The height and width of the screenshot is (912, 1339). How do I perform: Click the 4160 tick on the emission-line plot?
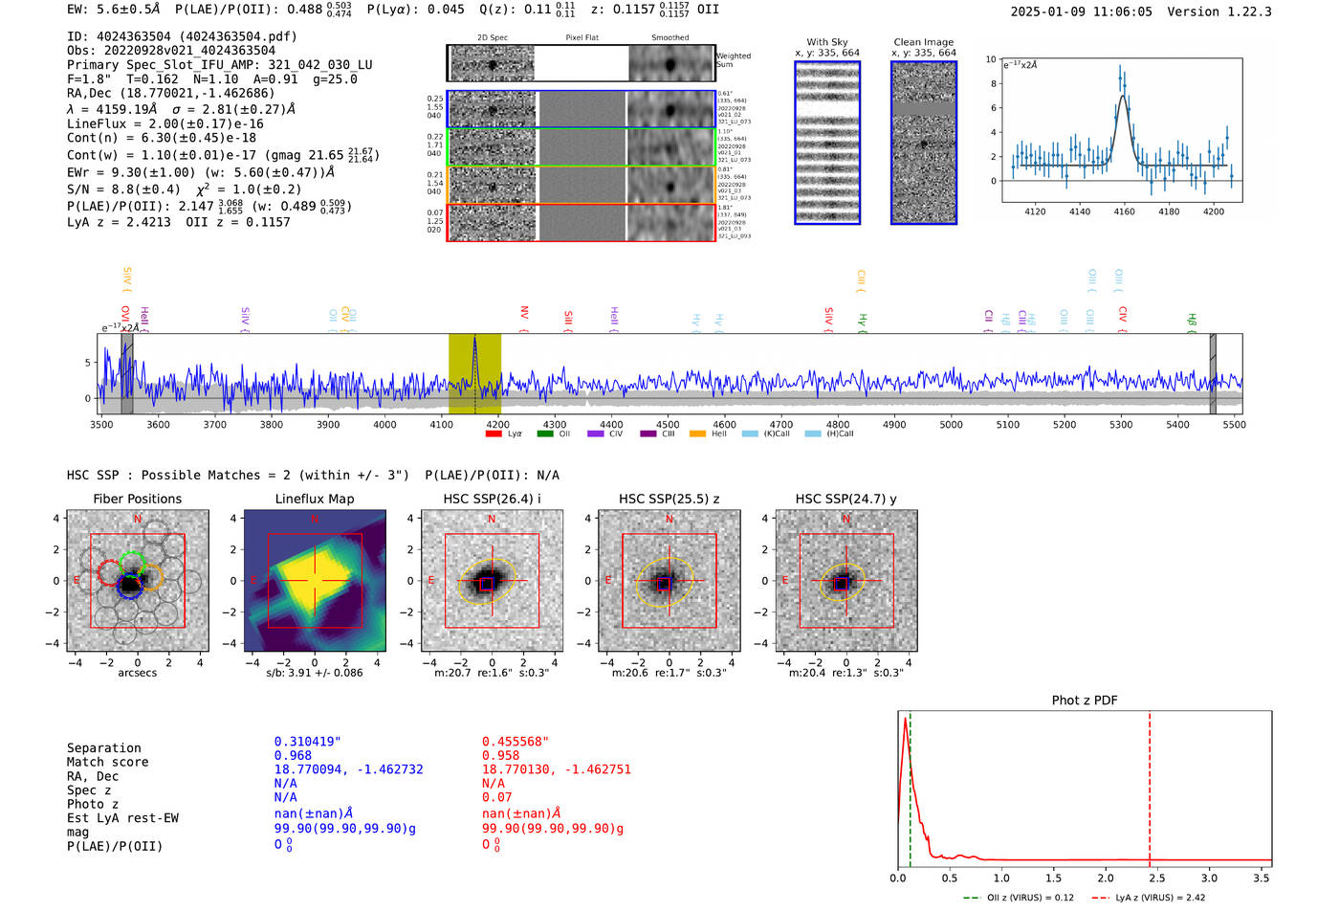pyautogui.click(x=1124, y=211)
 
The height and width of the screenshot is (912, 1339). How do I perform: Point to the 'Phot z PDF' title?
pyautogui.click(x=1085, y=701)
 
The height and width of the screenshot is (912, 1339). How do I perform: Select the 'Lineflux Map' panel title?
pyautogui.click(x=315, y=499)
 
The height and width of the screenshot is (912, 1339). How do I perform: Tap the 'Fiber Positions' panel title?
pyautogui.click(x=137, y=499)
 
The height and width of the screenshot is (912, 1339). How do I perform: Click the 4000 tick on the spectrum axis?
pyautogui.click(x=384, y=425)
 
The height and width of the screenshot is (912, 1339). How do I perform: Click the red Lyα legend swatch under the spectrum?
pyautogui.click(x=494, y=434)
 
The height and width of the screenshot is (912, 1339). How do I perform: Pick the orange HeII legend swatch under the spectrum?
pyautogui.click(x=697, y=434)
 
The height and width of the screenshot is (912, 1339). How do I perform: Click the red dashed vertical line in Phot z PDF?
pyautogui.click(x=1150, y=785)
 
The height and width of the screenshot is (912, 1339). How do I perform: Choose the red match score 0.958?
pyautogui.click(x=502, y=756)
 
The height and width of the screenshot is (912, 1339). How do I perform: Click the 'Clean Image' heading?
pyautogui.click(x=923, y=42)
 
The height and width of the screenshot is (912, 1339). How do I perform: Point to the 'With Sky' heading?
pyautogui.click(x=827, y=42)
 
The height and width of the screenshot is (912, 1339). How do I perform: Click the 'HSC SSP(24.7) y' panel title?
pyautogui.click(x=845, y=499)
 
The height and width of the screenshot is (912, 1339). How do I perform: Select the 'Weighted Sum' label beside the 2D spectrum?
pyautogui.click(x=733, y=60)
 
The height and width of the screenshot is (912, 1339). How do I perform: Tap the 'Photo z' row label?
pyautogui.click(x=93, y=804)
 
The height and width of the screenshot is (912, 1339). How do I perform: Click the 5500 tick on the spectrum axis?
pyautogui.click(x=1234, y=425)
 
